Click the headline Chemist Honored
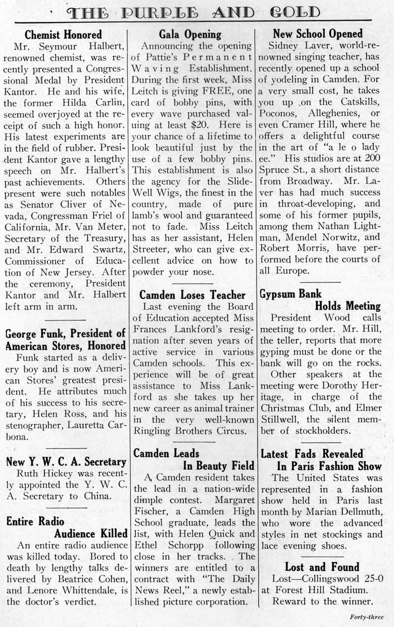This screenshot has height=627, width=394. pos(63,35)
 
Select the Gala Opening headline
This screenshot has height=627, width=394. pos(190,34)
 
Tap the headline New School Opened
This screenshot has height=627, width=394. pos(318,34)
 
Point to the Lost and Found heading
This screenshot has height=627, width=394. pos(322,566)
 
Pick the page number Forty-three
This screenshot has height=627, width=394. pos(366,617)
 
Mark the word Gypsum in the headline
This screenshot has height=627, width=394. pos(278,294)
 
